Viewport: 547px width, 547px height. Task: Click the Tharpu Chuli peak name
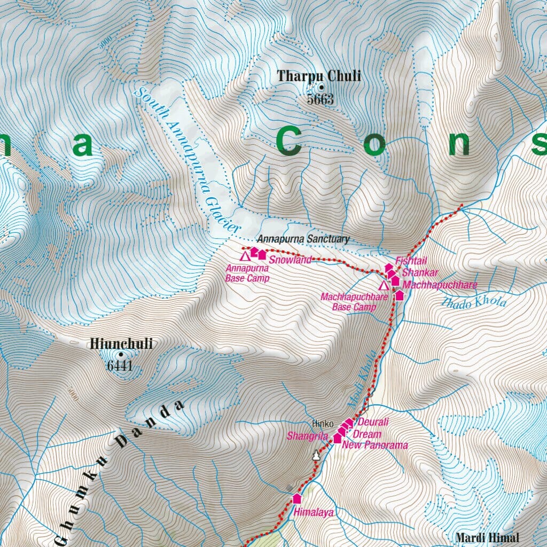pos(319,76)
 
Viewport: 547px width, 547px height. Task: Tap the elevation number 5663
pos(320,99)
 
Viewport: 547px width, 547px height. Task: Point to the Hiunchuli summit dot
pos(121,354)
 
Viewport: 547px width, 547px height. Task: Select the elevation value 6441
pos(119,366)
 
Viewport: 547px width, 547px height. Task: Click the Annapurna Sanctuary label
pos(302,239)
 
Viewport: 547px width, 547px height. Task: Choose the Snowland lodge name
pos(290,260)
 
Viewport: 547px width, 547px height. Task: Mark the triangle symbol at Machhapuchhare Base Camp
pos(383,285)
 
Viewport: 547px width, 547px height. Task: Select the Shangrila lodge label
pos(307,436)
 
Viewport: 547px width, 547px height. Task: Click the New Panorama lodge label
pos(374,445)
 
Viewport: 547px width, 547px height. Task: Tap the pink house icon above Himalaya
pos(297,498)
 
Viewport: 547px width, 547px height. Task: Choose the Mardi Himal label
pos(487,538)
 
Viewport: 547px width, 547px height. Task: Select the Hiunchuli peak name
pos(121,344)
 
